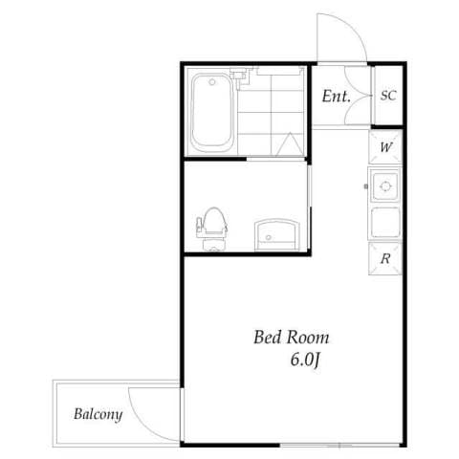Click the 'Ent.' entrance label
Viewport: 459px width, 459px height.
336,96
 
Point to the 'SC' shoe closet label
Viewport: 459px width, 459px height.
388,96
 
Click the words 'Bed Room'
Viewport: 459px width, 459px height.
291,338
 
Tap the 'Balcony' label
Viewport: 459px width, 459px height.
98,414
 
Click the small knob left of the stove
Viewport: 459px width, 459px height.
367,185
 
